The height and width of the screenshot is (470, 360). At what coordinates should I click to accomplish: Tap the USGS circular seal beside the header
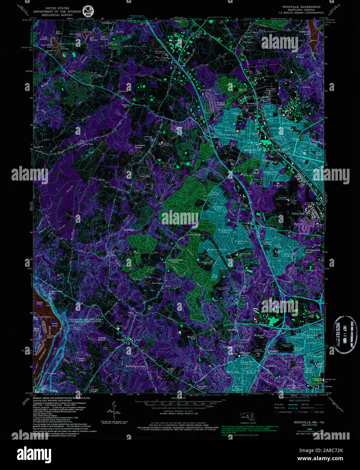tap(88, 12)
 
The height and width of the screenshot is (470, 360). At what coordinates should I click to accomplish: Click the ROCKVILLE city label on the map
tap(252, 150)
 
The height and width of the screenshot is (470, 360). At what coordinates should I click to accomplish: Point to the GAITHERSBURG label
tap(72, 44)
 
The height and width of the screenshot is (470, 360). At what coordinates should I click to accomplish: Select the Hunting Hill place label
tap(126, 106)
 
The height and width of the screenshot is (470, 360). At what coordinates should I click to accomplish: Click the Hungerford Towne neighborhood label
tap(271, 173)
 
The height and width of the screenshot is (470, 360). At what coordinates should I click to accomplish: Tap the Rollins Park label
tap(298, 214)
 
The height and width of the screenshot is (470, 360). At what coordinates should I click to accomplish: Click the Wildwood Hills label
tap(259, 336)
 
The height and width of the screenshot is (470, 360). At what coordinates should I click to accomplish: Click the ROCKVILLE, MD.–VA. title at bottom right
tap(309, 422)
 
